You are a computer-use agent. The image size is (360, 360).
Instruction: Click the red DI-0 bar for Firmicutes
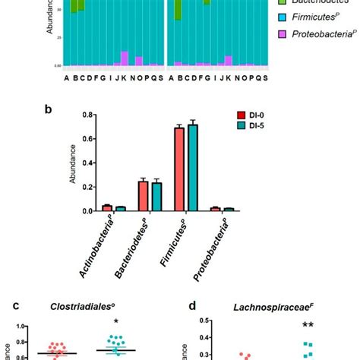179,169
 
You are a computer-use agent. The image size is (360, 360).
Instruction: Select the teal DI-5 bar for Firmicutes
191,168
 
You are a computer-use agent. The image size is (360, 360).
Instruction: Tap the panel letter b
48,109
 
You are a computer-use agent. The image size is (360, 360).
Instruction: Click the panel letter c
15,306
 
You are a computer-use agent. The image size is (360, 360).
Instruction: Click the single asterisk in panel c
115,322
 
